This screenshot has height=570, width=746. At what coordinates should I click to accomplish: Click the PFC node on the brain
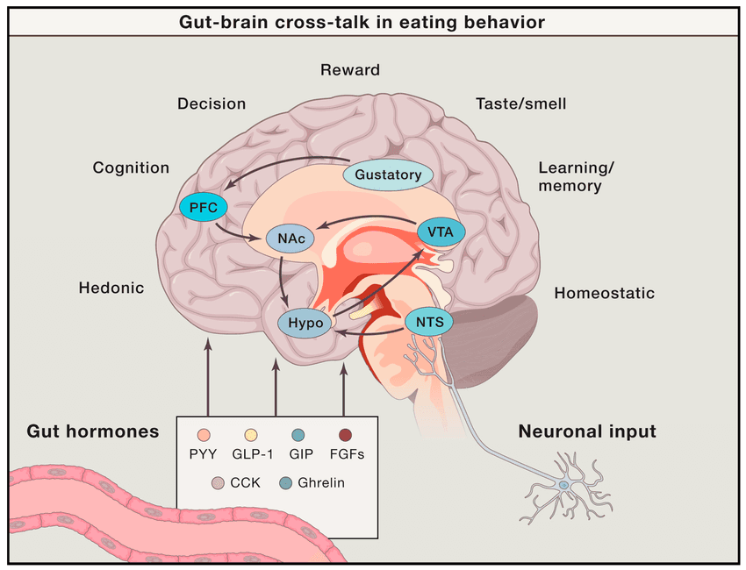tap(203, 207)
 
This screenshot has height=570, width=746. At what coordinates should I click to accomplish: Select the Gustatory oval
tap(388, 174)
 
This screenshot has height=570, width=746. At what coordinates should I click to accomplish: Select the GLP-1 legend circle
tap(251, 435)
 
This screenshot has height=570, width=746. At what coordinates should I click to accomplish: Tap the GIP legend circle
tap(298, 435)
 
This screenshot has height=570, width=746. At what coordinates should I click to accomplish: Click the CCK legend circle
tap(219, 482)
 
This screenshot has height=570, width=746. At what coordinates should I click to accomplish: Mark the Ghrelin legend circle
tap(283, 482)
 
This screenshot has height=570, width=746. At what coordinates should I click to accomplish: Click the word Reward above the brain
tap(350, 70)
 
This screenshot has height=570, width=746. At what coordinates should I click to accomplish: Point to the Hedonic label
tap(111, 287)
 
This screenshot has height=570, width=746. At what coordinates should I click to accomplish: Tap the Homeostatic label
tap(604, 293)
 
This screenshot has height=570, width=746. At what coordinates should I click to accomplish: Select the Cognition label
tap(131, 167)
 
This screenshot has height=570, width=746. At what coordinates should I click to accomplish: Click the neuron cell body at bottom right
tap(565, 484)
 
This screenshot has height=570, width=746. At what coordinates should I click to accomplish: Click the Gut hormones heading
tap(93, 431)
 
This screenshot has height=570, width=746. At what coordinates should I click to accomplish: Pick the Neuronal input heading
tap(587, 431)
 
